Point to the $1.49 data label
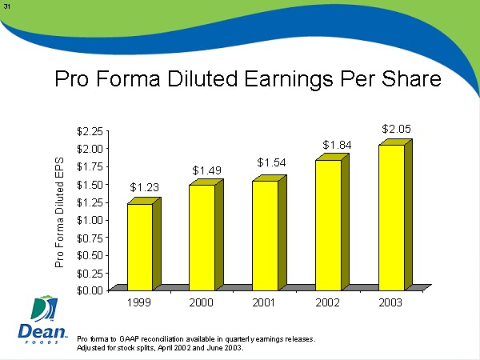207,170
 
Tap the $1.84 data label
337,144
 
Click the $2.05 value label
396,128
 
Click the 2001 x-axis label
266,304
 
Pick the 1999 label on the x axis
140,304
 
